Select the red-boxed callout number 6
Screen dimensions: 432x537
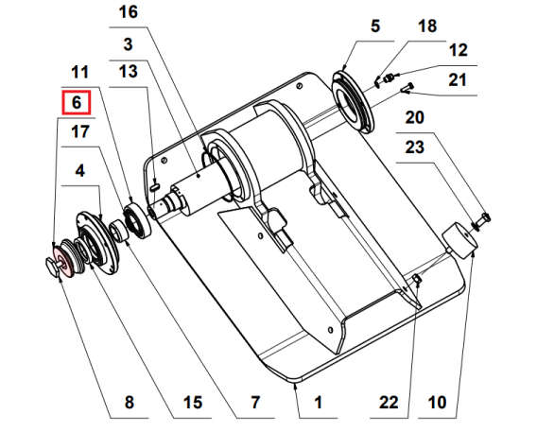click(78, 103)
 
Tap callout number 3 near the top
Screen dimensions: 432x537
click(128, 43)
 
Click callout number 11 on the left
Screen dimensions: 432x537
click(79, 71)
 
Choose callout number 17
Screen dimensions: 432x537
click(79, 132)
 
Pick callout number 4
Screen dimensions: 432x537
click(79, 171)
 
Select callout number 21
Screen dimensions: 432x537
click(458, 80)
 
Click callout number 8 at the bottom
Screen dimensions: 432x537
click(130, 403)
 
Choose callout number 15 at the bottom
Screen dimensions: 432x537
click(192, 403)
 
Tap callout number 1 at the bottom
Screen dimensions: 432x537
click(319, 403)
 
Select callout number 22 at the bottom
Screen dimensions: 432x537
click(389, 403)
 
